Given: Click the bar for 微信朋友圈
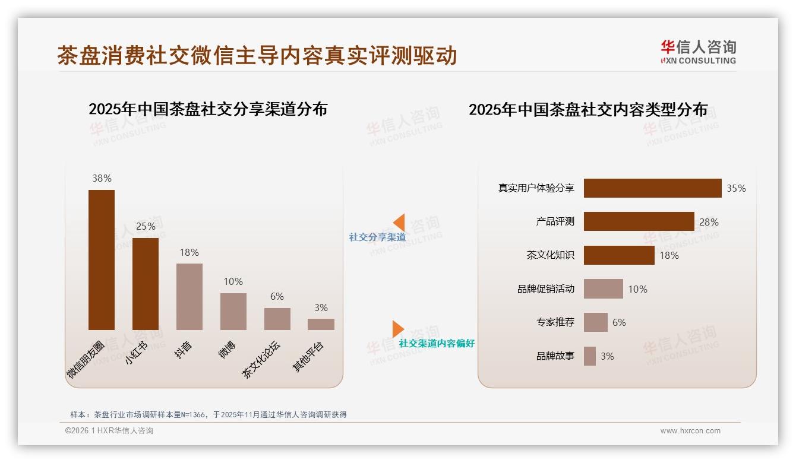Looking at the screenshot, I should click(x=102, y=259).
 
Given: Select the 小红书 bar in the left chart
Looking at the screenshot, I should click(x=146, y=284).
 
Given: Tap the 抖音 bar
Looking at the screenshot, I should click(x=189, y=296).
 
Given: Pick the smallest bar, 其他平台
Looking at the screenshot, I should click(x=321, y=324).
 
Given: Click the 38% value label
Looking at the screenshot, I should click(x=102, y=178).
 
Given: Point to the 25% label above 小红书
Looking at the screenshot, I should click(x=146, y=226).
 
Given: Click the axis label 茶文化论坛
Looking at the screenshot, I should click(x=261, y=359).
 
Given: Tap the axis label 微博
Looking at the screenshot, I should click(x=228, y=350).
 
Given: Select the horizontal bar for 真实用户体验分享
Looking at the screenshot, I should click(x=652, y=188).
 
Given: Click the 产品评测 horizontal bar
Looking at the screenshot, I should click(x=639, y=221).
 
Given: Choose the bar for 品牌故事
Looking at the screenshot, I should click(x=589, y=356).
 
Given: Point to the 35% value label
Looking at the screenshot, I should click(x=736, y=188).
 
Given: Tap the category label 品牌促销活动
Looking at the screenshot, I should click(x=545, y=289).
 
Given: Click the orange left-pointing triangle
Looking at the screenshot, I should click(x=399, y=223).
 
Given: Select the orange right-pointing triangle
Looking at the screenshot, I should click(x=398, y=329).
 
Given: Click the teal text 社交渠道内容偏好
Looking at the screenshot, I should click(x=437, y=343).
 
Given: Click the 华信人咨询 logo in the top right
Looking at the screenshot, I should click(x=698, y=52).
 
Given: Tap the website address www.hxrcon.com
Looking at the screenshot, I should click(x=690, y=431).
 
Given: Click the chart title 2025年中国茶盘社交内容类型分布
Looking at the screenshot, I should click(x=588, y=110).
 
